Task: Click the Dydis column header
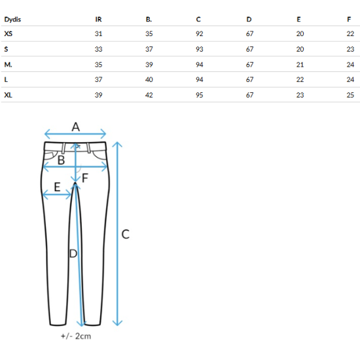click(12, 20)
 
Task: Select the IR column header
click(98, 20)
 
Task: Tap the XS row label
click(9, 34)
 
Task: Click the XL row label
click(9, 95)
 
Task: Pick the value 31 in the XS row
click(98, 34)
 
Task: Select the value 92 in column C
click(199, 34)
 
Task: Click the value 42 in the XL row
click(149, 95)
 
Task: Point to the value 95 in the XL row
click(199, 95)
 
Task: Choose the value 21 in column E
click(300, 65)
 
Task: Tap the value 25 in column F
click(350, 95)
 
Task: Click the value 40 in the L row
click(149, 79)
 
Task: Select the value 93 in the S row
click(199, 49)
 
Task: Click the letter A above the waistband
click(76, 127)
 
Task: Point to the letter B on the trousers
click(61, 160)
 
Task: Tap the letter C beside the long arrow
click(126, 234)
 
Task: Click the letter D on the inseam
click(73, 254)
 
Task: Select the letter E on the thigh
click(57, 187)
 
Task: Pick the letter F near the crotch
click(85, 178)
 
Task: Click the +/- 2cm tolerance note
click(76, 336)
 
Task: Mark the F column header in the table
click(349, 20)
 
